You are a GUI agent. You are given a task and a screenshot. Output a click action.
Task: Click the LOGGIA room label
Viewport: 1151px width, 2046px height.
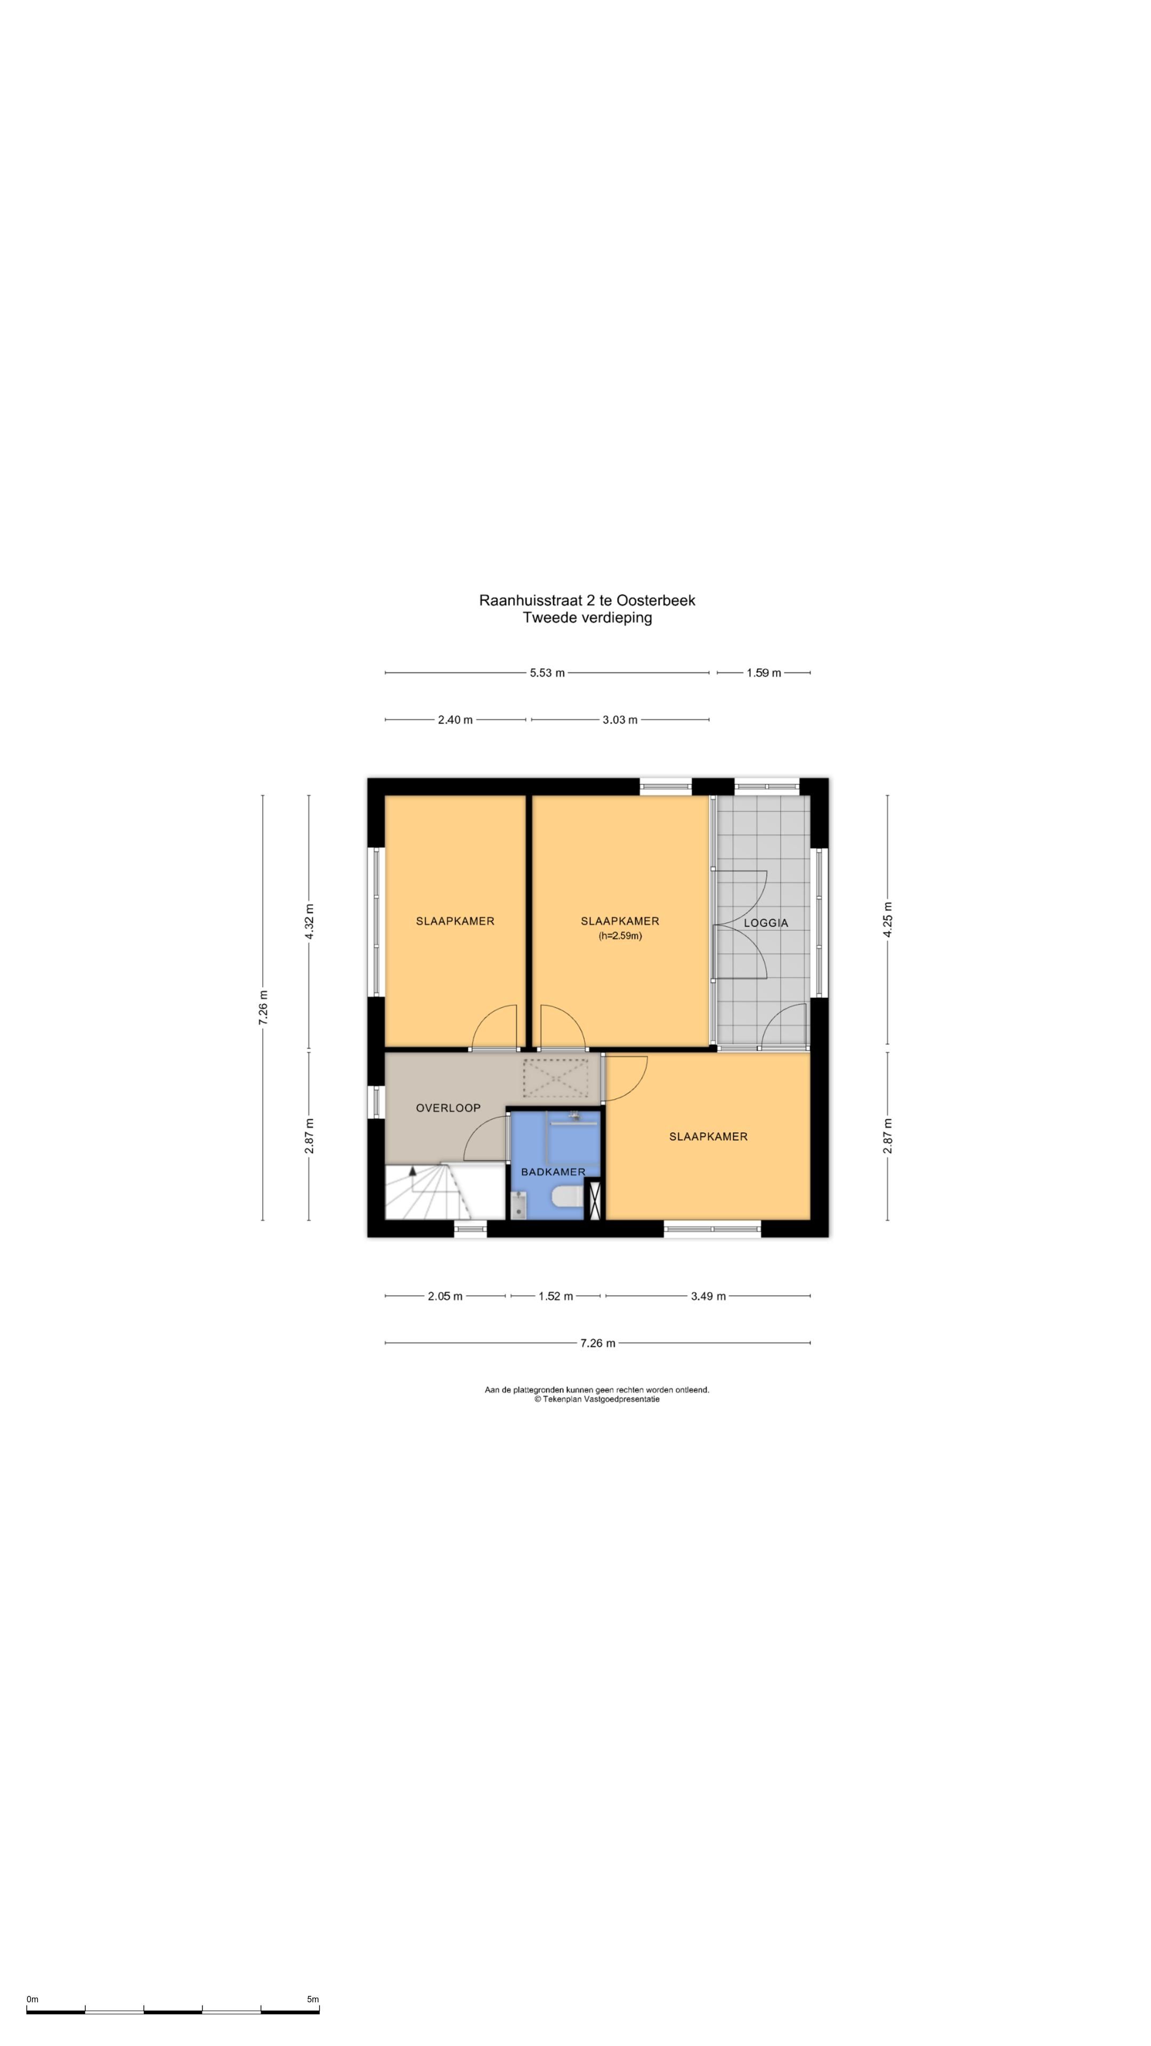[765, 923]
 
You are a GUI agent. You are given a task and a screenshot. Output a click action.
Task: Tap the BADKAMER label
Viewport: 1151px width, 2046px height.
[553, 1172]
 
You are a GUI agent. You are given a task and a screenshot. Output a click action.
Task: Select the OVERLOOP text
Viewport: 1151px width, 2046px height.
[448, 1108]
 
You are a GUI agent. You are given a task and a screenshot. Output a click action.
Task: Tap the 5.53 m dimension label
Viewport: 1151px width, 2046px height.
[547, 673]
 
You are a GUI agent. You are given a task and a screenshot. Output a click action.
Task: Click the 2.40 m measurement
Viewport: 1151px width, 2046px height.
[455, 720]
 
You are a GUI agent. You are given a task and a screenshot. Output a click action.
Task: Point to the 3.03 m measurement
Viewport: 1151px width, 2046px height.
[620, 720]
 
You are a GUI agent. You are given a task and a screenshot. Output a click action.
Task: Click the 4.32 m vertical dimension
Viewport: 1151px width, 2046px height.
[309, 921]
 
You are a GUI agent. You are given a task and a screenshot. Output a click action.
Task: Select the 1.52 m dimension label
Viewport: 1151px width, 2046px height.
[555, 1296]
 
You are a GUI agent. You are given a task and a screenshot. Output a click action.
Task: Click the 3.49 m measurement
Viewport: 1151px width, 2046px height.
[708, 1296]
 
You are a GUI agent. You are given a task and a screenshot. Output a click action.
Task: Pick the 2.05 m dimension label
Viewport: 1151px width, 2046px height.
[445, 1296]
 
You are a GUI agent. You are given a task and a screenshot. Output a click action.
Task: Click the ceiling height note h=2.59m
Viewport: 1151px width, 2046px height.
[620, 936]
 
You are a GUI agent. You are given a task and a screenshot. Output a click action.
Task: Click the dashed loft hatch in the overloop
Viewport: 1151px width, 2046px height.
[555, 1078]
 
